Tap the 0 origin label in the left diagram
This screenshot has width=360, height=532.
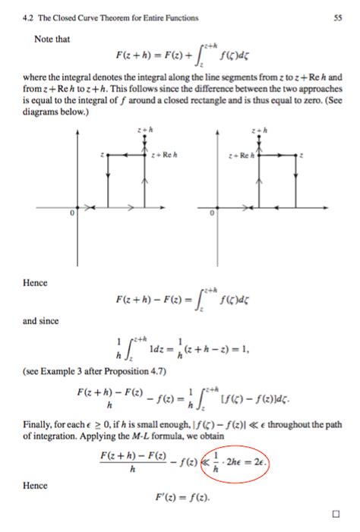pyautogui.click(x=73, y=215)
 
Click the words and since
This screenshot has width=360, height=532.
pyautogui.click(x=42, y=321)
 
